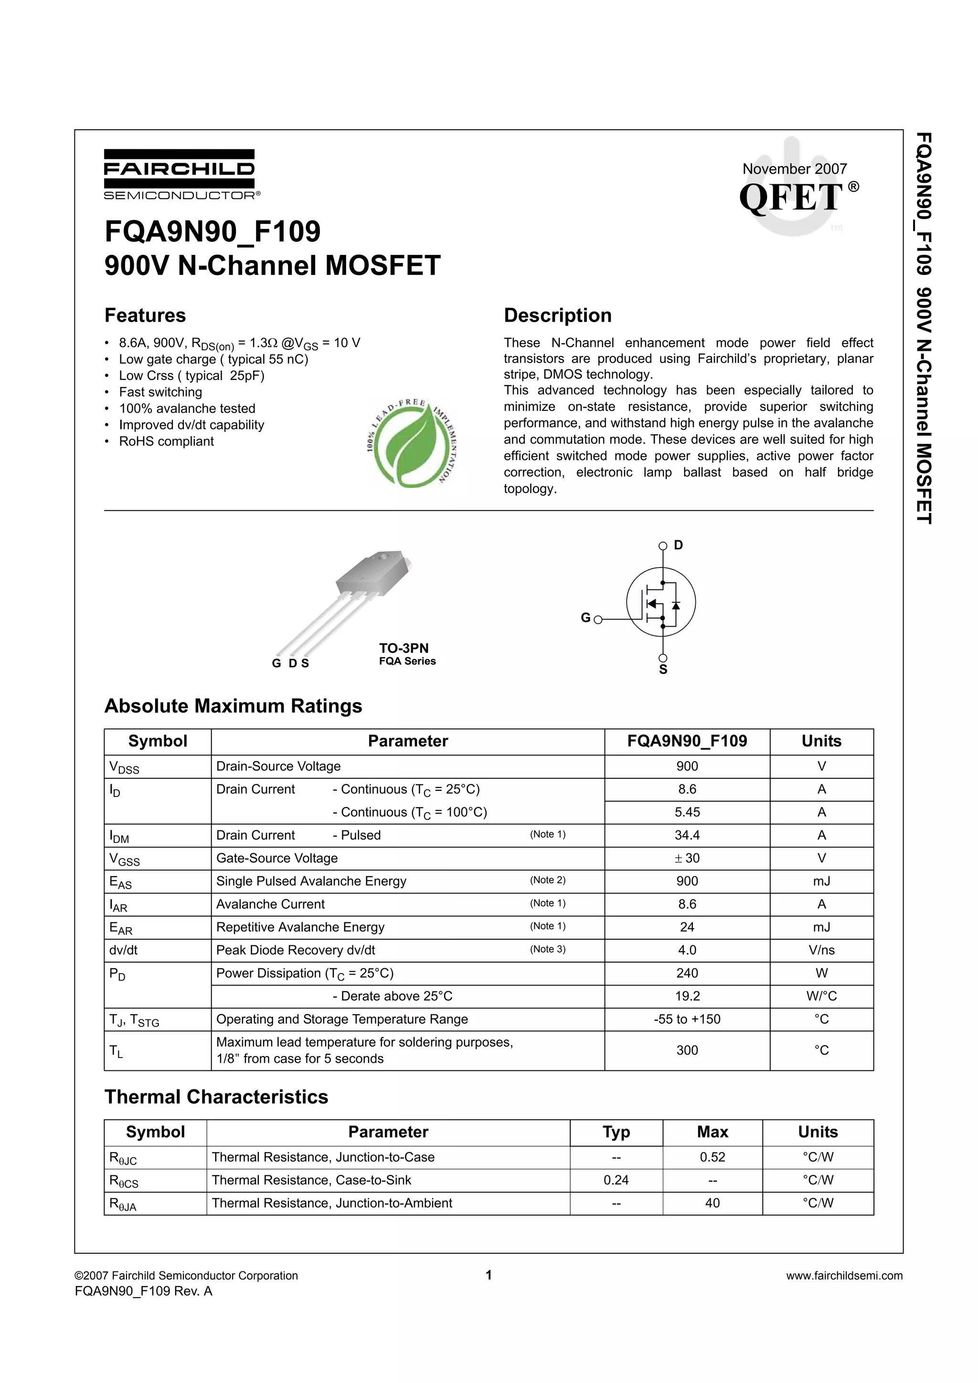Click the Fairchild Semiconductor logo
tap(180, 174)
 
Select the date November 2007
tap(794, 168)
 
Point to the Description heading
tap(557, 315)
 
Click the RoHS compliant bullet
tap(166, 441)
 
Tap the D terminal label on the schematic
tap(679, 545)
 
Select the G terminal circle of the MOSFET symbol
tap(598, 619)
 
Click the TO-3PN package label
tap(404, 648)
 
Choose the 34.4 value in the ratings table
tap(687, 835)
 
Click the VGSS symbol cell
tap(124, 859)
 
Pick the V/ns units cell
tap(821, 950)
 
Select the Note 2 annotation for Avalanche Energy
tap(547, 880)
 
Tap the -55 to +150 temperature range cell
tap(687, 1019)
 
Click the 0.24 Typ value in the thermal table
tap(616, 1180)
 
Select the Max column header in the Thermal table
tap(712, 1132)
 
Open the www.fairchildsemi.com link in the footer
tap(844, 1275)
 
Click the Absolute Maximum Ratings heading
tap(233, 706)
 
